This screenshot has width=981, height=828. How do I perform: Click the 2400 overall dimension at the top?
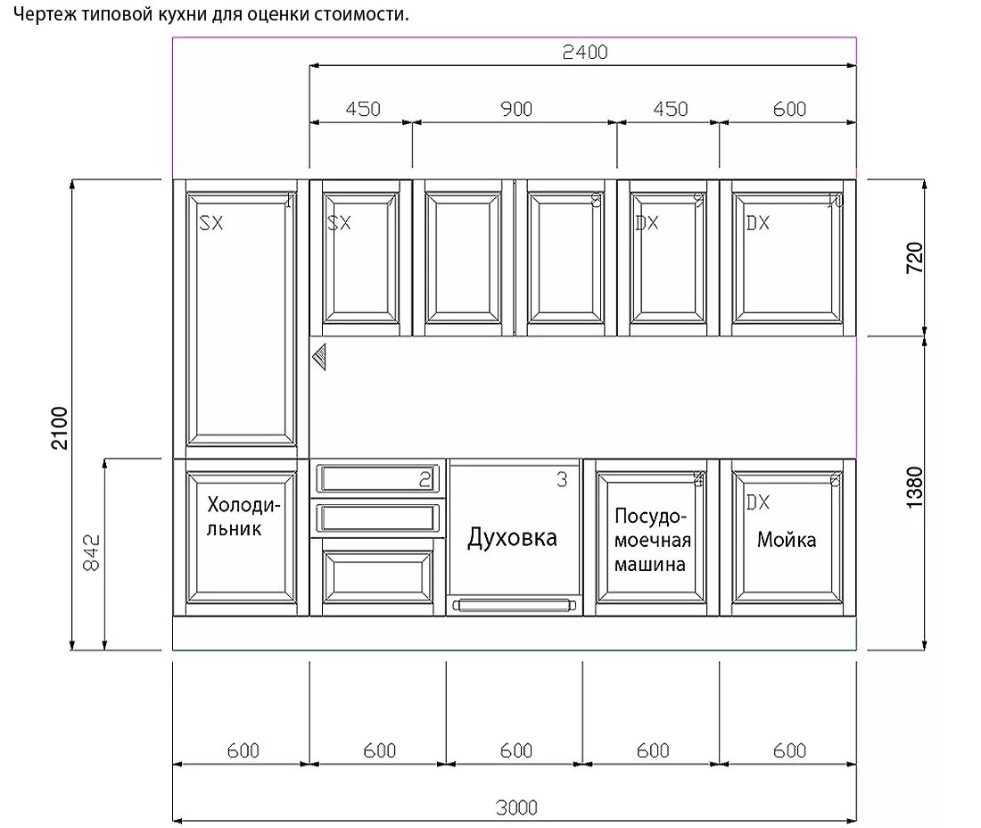(x=584, y=53)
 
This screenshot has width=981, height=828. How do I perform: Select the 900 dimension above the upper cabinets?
(x=515, y=109)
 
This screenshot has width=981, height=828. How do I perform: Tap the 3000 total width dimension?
(x=516, y=807)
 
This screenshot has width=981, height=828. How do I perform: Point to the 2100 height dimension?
(x=59, y=427)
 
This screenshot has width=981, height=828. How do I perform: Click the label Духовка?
(x=513, y=537)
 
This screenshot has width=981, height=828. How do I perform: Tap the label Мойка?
(x=787, y=539)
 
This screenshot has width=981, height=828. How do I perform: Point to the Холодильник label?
(x=243, y=517)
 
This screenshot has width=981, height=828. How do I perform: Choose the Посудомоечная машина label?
(x=652, y=540)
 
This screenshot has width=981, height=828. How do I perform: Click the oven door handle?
(x=513, y=606)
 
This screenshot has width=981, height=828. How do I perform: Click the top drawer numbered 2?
(x=377, y=479)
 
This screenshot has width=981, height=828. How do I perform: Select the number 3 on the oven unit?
(x=562, y=480)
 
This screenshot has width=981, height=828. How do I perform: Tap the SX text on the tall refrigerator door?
(x=211, y=223)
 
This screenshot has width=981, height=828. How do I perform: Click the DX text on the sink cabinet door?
(x=758, y=502)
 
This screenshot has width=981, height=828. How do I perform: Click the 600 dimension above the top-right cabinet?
(x=789, y=109)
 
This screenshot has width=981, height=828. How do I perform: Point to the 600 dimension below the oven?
(x=516, y=750)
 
